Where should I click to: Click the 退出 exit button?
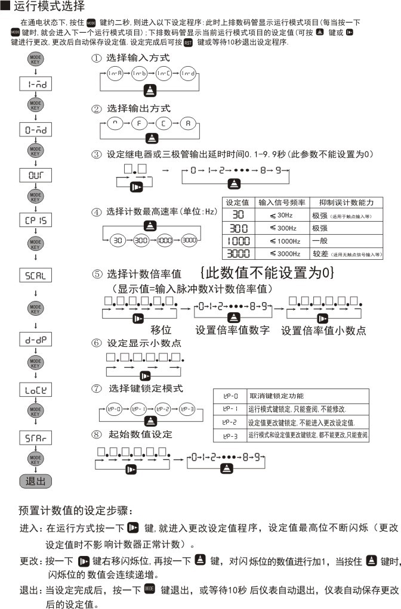(x=36, y=481)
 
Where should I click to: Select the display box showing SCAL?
(x=36, y=276)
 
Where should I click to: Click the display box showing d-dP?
(x=36, y=340)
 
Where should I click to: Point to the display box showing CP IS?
(x=36, y=220)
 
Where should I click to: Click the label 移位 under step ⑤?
(x=161, y=330)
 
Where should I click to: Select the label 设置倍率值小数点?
(x=323, y=330)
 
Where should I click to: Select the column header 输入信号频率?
(x=282, y=203)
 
